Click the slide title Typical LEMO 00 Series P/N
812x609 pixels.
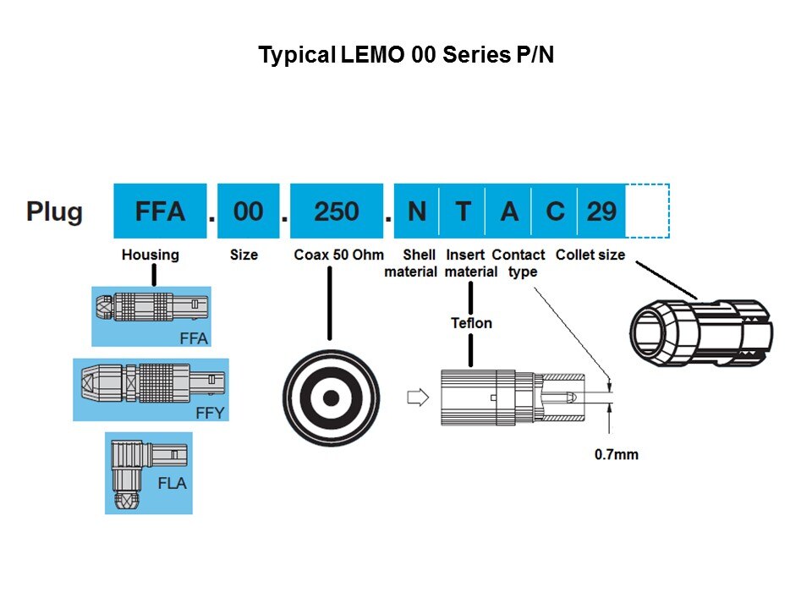[x=406, y=56]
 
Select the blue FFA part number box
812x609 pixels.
[x=160, y=211]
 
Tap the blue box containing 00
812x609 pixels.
[x=248, y=211]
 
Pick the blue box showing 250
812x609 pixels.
[x=337, y=211]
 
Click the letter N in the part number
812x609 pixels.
[x=417, y=211]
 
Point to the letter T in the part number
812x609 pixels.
[x=463, y=211]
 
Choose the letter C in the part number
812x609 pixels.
[x=555, y=211]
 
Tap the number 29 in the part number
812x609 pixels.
[x=601, y=211]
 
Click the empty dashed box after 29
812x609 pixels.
[x=648, y=211]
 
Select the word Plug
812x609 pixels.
[x=55, y=211]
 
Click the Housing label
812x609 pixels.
[x=151, y=255]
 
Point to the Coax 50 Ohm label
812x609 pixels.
[x=338, y=255]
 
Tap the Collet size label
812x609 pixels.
[x=590, y=255]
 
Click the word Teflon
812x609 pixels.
[x=471, y=323]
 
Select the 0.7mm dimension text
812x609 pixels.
[x=617, y=454]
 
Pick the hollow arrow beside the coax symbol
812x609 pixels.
[x=418, y=397]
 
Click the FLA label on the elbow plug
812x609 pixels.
[x=172, y=485]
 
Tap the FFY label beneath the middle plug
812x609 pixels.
[x=209, y=413]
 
